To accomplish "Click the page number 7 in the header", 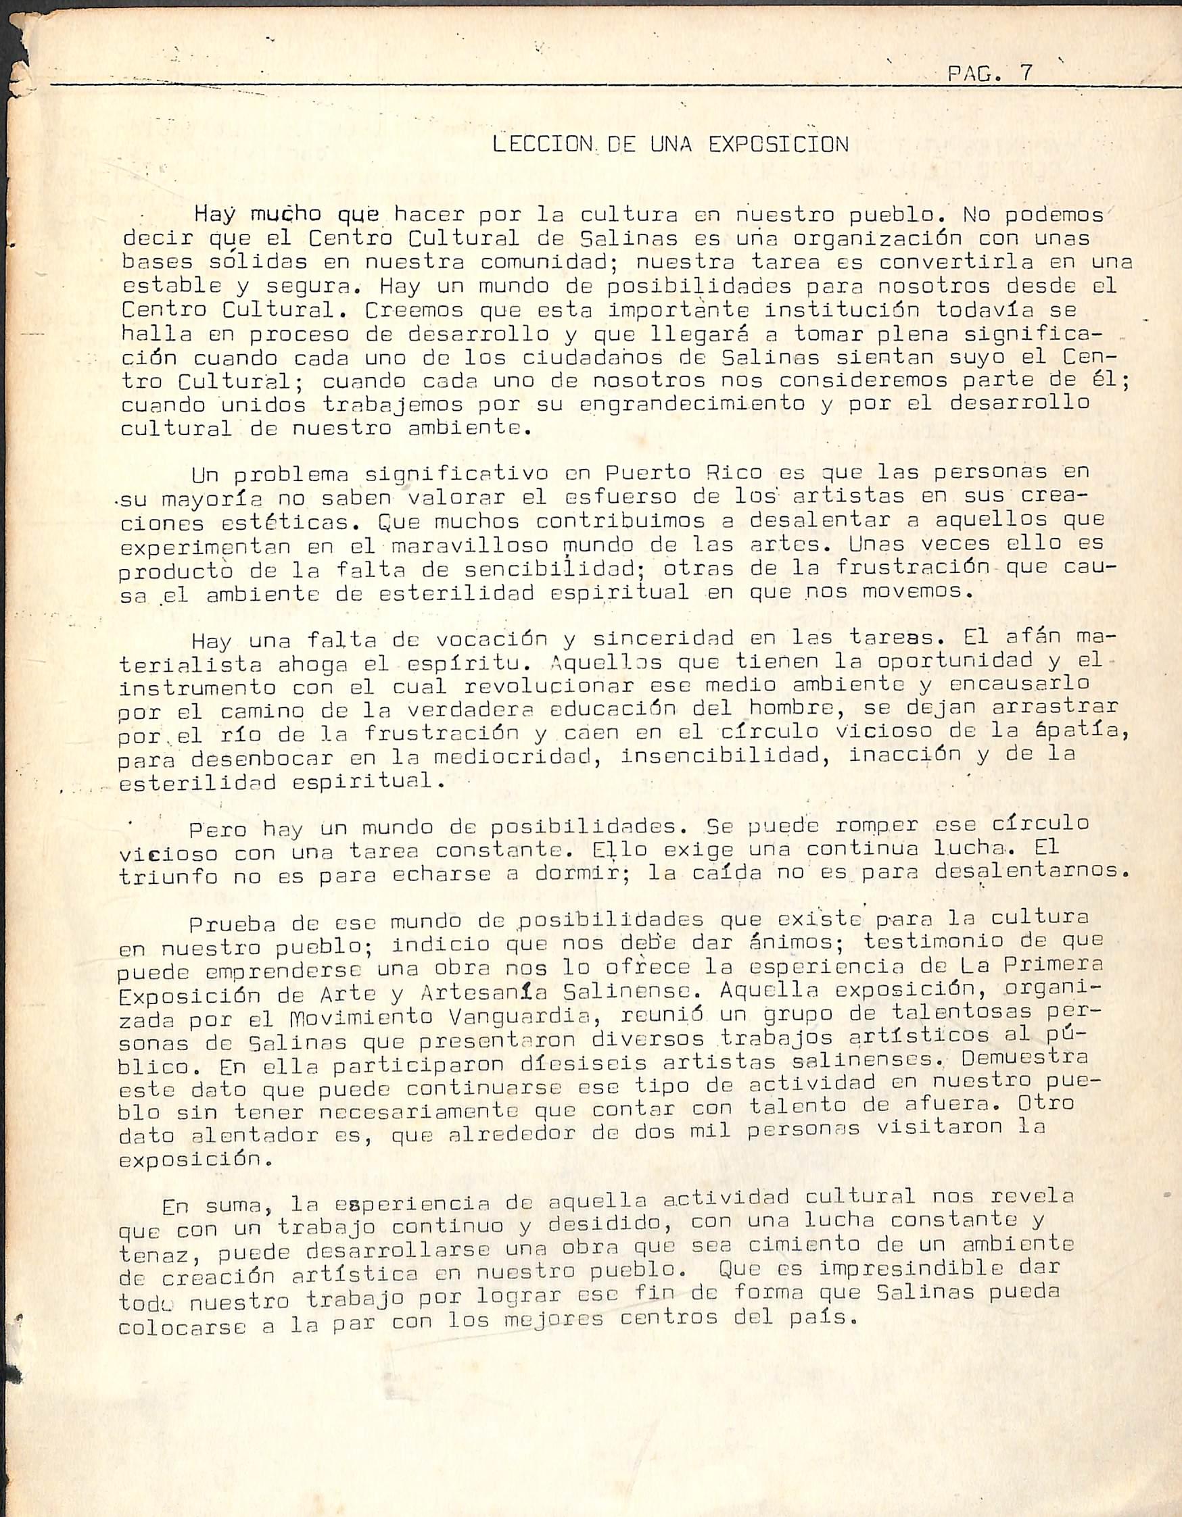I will point(1025,74).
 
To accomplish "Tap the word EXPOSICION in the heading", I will point(778,145).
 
